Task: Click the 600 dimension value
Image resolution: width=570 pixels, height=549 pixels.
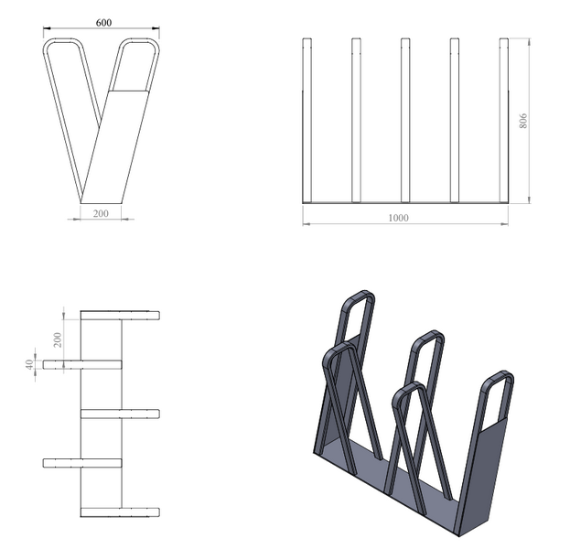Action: pos(103,23)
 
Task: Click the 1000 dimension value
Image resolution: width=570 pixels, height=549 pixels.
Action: pos(398,218)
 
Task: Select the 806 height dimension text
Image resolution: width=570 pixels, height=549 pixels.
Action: pos(523,121)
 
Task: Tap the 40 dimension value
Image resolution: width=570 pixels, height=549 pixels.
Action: pos(30,364)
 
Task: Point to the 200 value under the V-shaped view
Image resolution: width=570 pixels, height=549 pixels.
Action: pos(101,213)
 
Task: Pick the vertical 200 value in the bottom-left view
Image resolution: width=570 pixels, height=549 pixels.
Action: pos(58,339)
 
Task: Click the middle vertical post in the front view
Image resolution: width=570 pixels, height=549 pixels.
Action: pos(405,120)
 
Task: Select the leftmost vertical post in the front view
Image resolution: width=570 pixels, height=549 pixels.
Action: pos(307,120)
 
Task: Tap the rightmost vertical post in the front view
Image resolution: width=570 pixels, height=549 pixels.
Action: pos(504,120)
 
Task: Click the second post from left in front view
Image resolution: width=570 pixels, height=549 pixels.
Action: pos(356,120)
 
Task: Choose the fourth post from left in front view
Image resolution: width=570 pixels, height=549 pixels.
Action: pos(455,120)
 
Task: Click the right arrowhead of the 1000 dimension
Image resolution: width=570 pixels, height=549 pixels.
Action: pos(505,224)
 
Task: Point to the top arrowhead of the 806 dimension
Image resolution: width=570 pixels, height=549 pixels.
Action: pos(529,41)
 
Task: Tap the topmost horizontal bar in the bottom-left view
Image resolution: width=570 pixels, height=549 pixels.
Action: pos(120,316)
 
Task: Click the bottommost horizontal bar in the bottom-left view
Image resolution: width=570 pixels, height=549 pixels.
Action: pos(120,512)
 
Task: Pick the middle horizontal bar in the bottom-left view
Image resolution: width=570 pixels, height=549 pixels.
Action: pos(120,414)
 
